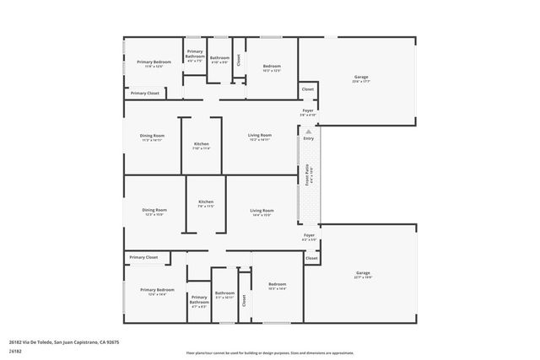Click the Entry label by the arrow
point(308,138)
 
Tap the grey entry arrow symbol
point(308,132)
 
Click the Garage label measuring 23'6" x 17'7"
point(360,79)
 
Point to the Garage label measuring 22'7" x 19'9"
point(363,274)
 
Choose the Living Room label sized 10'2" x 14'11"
point(259,137)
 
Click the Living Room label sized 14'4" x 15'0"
point(262,212)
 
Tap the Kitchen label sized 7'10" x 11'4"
point(202,146)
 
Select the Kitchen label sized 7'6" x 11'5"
point(206,203)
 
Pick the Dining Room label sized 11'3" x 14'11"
point(153,137)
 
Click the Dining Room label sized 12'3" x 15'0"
point(154,212)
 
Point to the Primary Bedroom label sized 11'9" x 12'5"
point(154,63)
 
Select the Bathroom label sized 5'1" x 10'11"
point(224,295)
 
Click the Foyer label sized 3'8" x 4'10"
point(309,112)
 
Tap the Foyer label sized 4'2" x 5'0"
point(309,237)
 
